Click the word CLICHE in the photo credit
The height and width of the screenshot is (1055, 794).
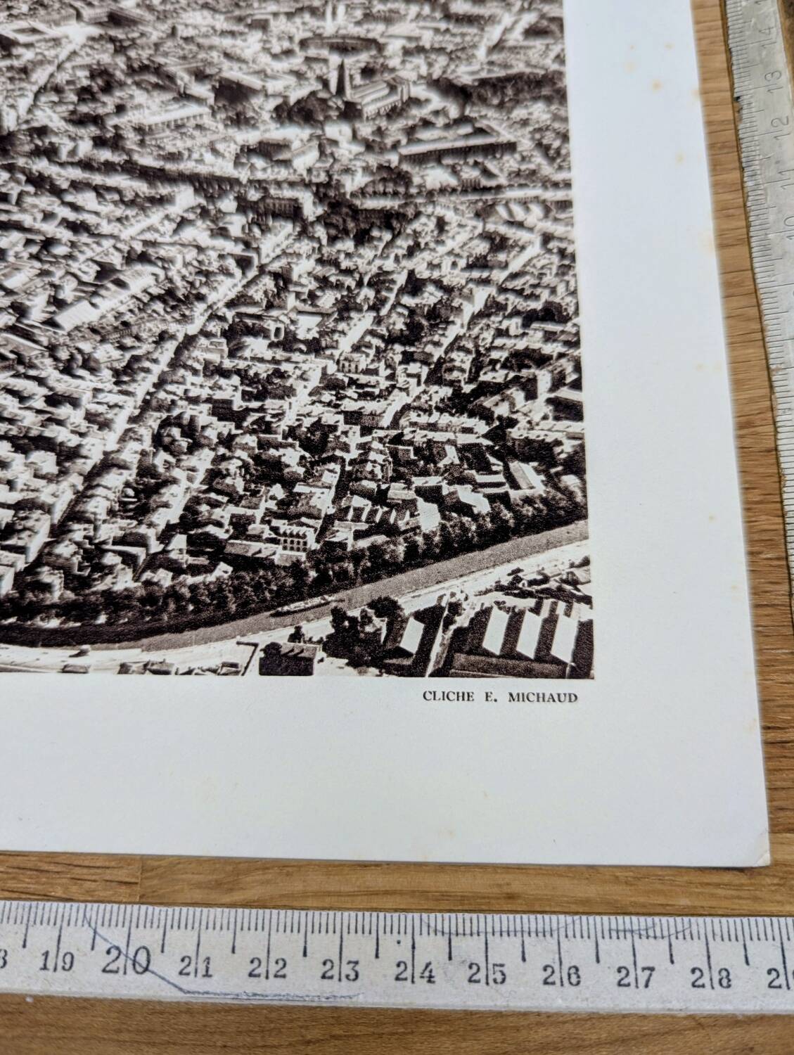coord(442,697)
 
